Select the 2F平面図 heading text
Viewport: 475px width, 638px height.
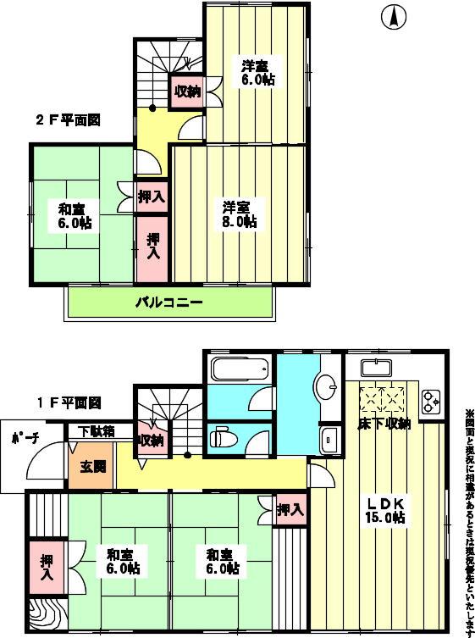(x=68, y=120)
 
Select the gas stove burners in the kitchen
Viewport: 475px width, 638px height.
(x=430, y=401)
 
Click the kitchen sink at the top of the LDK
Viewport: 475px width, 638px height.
(x=374, y=369)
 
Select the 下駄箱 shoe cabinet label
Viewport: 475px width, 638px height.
(x=97, y=430)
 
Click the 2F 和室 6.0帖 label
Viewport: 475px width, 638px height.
(x=75, y=216)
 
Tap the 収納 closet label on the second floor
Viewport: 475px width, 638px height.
(x=188, y=92)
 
